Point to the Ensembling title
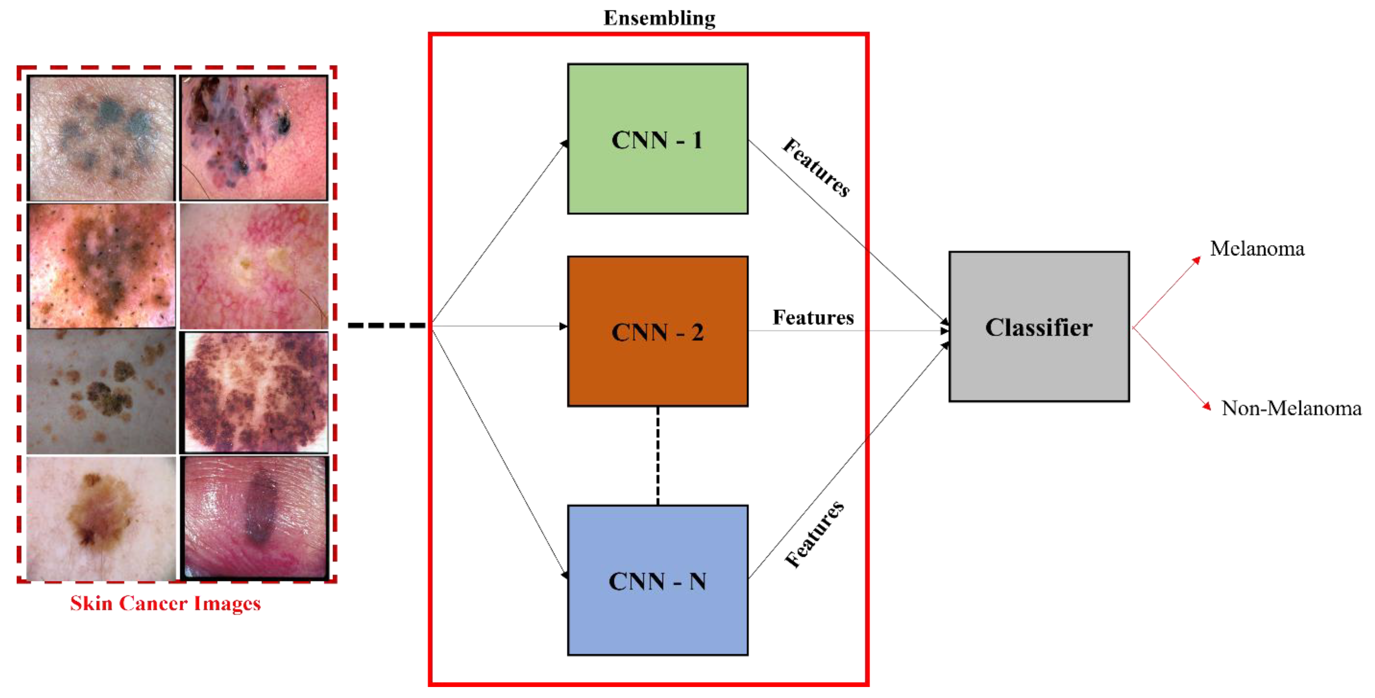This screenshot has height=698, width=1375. click(660, 18)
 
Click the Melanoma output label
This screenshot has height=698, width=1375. click(1257, 249)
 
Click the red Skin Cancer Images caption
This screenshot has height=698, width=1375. click(166, 603)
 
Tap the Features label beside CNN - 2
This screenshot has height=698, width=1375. click(813, 318)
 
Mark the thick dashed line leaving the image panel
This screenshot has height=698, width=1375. click(387, 325)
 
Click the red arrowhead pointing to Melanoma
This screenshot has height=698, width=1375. click(1197, 260)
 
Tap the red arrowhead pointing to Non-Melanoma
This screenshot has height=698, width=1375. click(1206, 406)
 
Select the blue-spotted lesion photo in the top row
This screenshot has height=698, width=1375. click(102, 138)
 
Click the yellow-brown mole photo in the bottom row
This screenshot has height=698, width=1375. click(102, 518)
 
